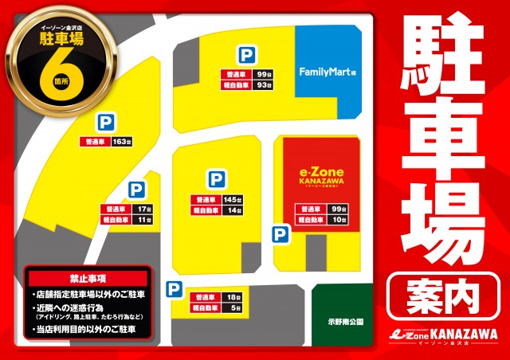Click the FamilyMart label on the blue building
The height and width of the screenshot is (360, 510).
[x=327, y=72]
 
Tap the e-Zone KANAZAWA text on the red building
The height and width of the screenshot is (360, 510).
[x=316, y=176]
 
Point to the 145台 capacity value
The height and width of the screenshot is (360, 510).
[x=232, y=199]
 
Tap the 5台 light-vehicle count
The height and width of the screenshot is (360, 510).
[x=234, y=307]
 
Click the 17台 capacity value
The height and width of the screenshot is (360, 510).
[x=143, y=209]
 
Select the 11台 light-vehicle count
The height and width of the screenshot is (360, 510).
[x=143, y=221]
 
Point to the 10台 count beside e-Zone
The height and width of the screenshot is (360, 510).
[x=339, y=220]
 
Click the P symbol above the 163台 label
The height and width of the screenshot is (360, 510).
[x=104, y=122]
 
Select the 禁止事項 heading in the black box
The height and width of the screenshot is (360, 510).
[x=87, y=280]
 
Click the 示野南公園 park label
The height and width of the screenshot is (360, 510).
[x=345, y=322]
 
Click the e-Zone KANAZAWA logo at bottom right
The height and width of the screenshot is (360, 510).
[x=437, y=335]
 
